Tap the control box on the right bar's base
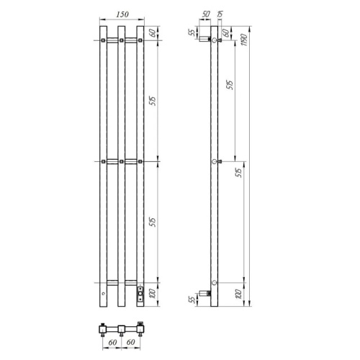140,292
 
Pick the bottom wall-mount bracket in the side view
207,293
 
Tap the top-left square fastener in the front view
105,39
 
